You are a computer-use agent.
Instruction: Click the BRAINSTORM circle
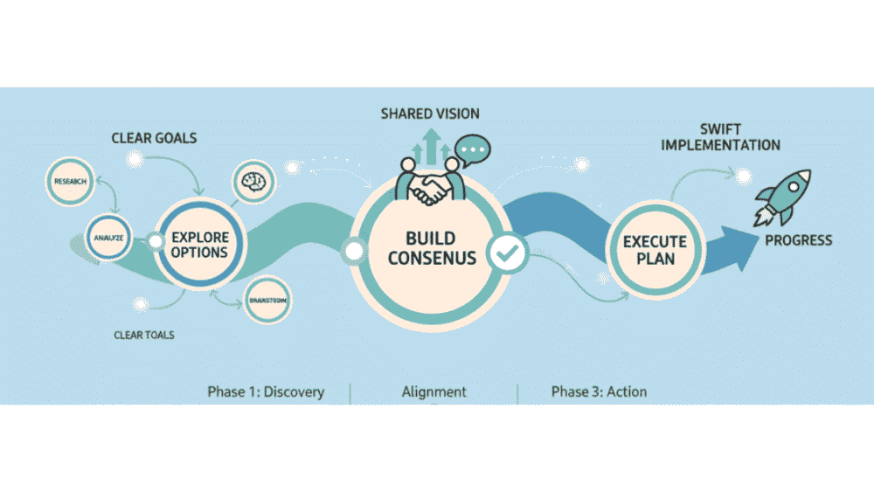coord(268,300)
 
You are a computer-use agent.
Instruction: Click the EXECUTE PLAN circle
coord(655,249)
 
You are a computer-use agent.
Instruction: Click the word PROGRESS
coord(798,240)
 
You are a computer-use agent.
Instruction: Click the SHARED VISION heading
coord(429,114)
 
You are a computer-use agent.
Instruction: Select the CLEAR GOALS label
coord(154,137)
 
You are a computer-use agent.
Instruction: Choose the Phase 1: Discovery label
coord(266,392)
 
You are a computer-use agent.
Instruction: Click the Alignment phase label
coord(434,392)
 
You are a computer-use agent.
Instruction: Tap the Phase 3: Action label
coord(599,392)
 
